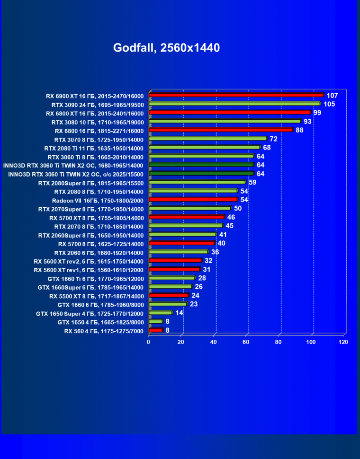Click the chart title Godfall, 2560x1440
coord(166,48)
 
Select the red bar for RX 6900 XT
coord(236,95)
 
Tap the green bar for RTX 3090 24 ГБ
coord(234,103)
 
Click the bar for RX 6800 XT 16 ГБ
coord(229,112)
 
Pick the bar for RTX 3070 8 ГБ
coord(207,139)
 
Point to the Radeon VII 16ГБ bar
coord(193,200)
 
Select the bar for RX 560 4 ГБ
coord(155,330)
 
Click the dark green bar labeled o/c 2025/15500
coord(201,173)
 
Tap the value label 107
coord(332,95)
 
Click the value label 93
coord(308,122)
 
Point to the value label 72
coord(273,139)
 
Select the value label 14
coord(179,313)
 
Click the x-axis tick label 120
coord(343,342)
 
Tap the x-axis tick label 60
coord(246,342)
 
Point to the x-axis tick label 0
coord(149,342)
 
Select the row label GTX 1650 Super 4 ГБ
coord(90,313)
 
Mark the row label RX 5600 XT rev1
coord(89,270)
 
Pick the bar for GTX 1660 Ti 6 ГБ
coord(171,278)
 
